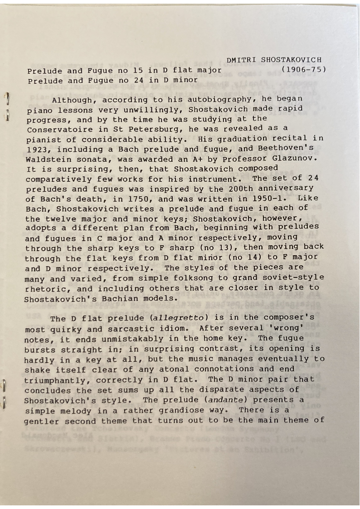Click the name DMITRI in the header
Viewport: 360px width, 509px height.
point(242,60)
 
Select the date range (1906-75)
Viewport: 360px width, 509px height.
point(303,70)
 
